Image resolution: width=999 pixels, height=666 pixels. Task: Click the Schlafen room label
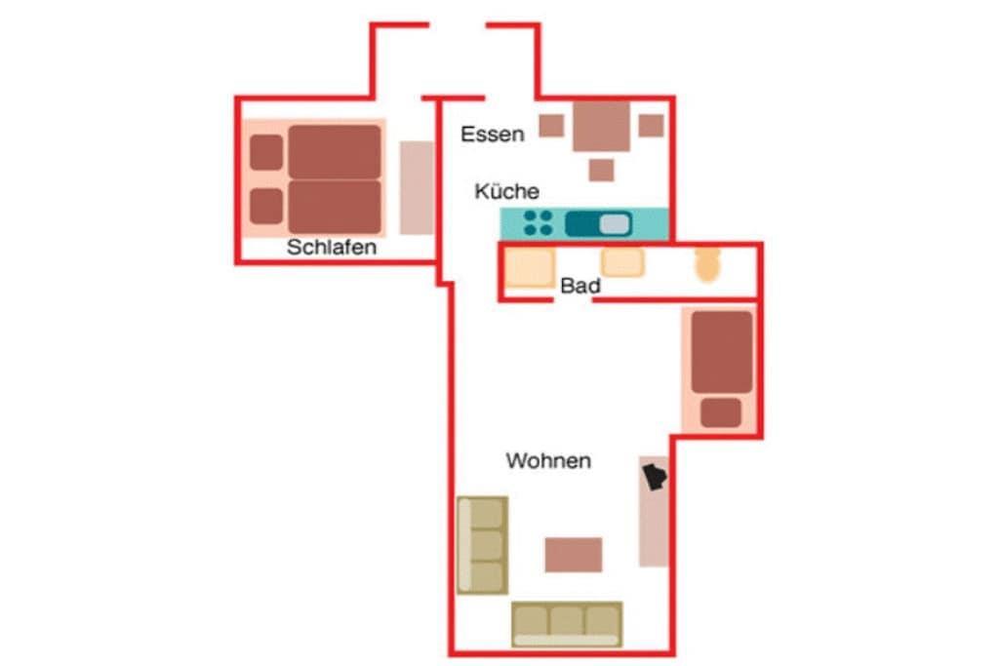[x=332, y=247]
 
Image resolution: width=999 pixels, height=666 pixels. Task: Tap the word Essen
[x=493, y=135]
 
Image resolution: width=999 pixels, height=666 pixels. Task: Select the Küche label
[x=507, y=191]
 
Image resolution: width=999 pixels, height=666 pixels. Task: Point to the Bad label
[x=580, y=286]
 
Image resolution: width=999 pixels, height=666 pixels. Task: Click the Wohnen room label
[x=548, y=460]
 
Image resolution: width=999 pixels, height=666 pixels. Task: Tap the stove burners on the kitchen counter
[x=538, y=223]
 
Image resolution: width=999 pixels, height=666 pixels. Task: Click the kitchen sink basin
[x=615, y=224]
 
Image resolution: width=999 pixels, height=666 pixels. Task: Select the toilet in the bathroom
[x=707, y=264]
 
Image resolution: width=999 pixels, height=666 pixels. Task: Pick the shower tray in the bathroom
[x=530, y=267]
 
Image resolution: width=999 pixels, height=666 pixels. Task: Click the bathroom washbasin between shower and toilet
[x=622, y=262]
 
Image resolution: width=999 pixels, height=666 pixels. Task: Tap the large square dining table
[x=601, y=126]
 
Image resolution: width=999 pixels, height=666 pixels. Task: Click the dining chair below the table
[x=601, y=170]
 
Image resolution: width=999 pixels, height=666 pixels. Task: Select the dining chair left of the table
[x=552, y=126]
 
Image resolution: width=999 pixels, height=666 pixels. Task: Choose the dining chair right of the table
[x=651, y=126]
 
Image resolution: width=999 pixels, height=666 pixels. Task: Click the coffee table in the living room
[x=574, y=555]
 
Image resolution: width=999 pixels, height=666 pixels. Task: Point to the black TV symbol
[x=655, y=477]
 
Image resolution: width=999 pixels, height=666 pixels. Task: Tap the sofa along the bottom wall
[x=567, y=625]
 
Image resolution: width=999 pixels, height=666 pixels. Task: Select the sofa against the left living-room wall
[x=483, y=545]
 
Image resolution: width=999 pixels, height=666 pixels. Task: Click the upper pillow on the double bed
[x=266, y=152]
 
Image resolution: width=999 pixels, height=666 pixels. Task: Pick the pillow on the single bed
[x=721, y=412]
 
